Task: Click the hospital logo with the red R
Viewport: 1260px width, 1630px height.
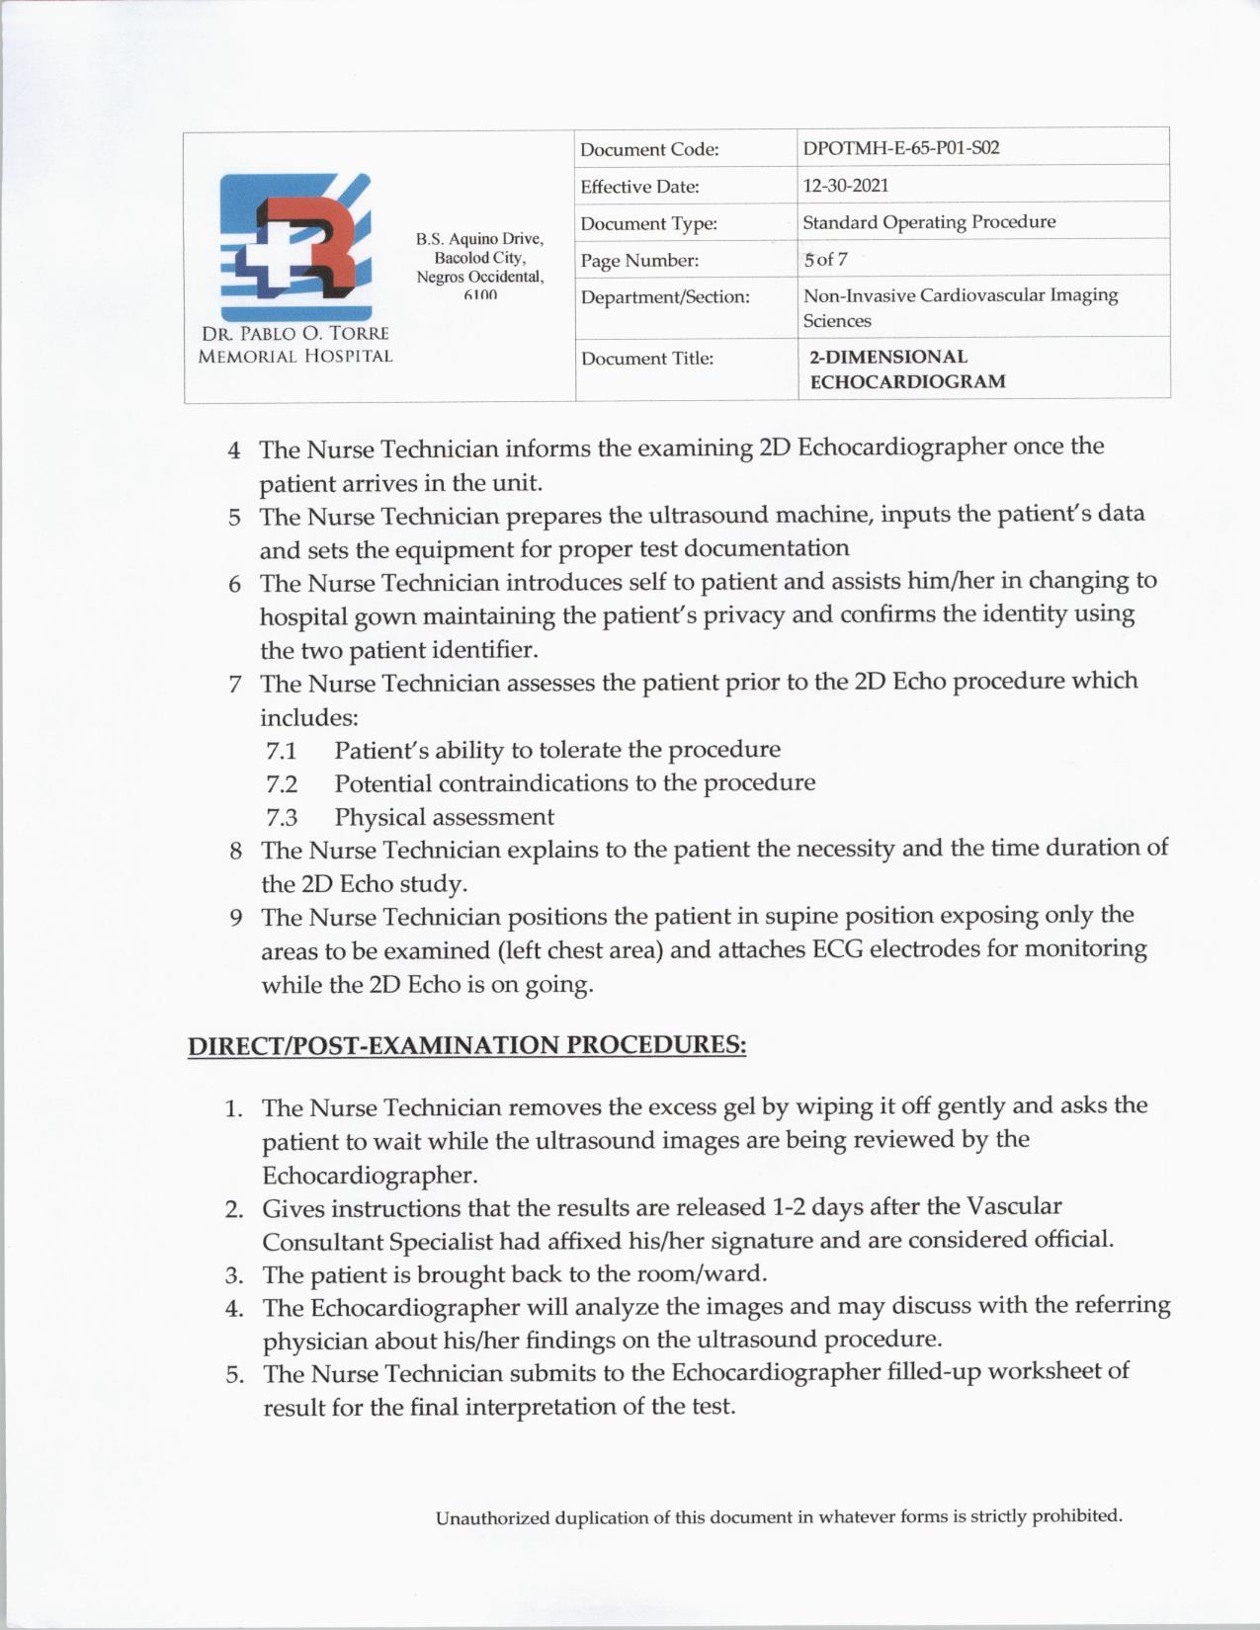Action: (296, 247)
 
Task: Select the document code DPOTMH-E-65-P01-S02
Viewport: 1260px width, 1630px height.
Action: (900, 148)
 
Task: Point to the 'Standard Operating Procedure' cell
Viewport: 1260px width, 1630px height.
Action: (928, 222)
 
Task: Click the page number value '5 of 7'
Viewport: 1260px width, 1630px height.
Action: (825, 260)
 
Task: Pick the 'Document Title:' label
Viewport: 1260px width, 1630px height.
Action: (646, 359)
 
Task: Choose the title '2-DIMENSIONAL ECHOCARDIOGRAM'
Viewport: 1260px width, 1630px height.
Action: (906, 368)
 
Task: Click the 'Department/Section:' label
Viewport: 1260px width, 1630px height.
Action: (665, 297)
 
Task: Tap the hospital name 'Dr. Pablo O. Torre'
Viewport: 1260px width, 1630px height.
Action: (294, 334)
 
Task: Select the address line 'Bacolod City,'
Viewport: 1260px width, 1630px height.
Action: (479, 258)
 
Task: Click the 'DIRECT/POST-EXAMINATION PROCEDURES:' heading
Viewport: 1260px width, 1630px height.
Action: (466, 1045)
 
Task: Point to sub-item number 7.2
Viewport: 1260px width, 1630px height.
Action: (282, 784)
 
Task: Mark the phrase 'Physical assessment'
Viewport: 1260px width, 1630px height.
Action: (444, 817)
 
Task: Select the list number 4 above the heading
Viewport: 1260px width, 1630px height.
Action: (234, 450)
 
